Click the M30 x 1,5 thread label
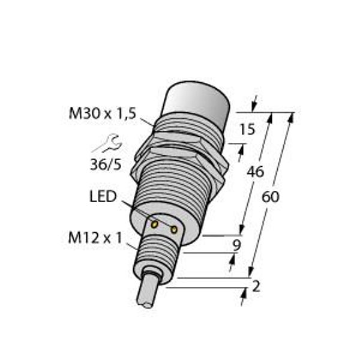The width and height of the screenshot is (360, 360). click(x=103, y=113)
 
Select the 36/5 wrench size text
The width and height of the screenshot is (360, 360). click(x=106, y=164)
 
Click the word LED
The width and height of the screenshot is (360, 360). click(x=103, y=197)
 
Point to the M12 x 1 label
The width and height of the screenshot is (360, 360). click(x=95, y=238)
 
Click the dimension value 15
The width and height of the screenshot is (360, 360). click(x=247, y=129)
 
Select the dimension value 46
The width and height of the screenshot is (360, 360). click(x=255, y=172)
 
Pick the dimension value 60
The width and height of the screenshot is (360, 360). click(x=271, y=197)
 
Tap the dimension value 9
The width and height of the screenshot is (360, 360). click(x=236, y=245)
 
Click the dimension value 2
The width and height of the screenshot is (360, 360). click(x=256, y=287)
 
